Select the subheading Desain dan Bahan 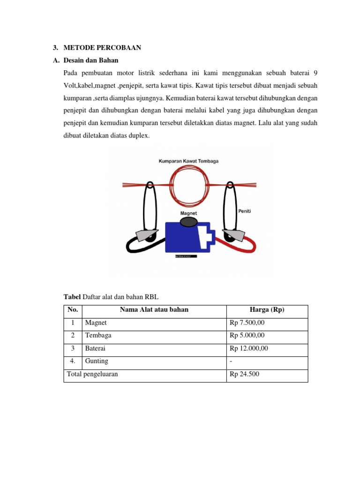[x=91, y=60]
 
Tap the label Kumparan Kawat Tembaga [x=188, y=161]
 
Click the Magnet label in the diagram [x=188, y=213]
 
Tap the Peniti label [x=244, y=211]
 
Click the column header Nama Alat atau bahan [x=154, y=310]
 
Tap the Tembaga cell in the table [x=98, y=336]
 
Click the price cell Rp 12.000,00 [x=249, y=349]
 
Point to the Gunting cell [x=97, y=361]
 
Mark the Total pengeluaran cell [x=92, y=375]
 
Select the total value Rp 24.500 [x=244, y=375]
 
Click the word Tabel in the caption [x=72, y=297]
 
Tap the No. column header [x=73, y=310]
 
